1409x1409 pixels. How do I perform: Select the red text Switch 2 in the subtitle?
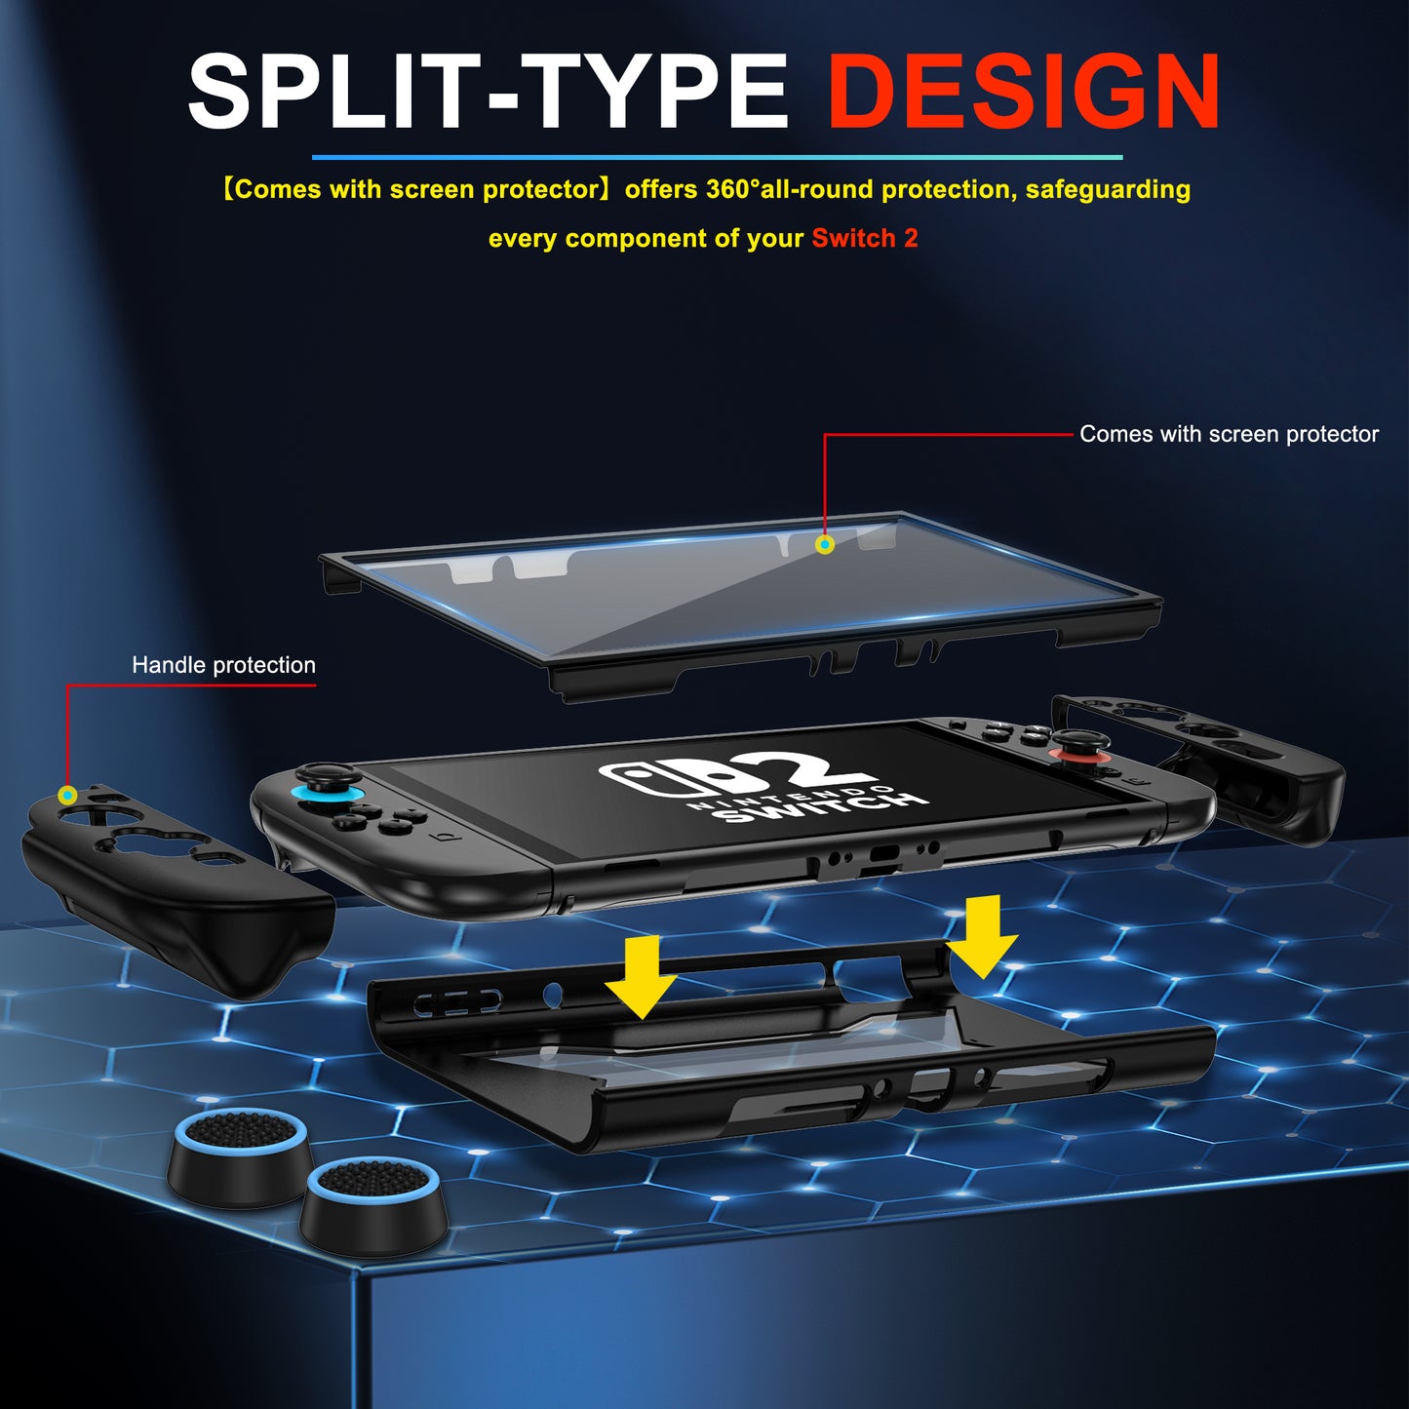pyautogui.click(x=865, y=239)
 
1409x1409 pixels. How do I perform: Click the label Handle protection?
pyautogui.click(x=223, y=665)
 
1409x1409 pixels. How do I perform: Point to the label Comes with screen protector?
pyautogui.click(x=1229, y=434)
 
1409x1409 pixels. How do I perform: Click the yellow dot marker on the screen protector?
pyautogui.click(x=825, y=544)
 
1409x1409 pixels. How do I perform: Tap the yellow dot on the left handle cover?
pyautogui.click(x=67, y=796)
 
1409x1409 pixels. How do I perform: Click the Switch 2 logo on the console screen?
pyautogui.click(x=761, y=785)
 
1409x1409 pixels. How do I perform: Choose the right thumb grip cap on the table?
pyautogui.click(x=374, y=1205)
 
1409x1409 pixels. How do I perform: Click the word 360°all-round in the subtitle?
pyautogui.click(x=789, y=189)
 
